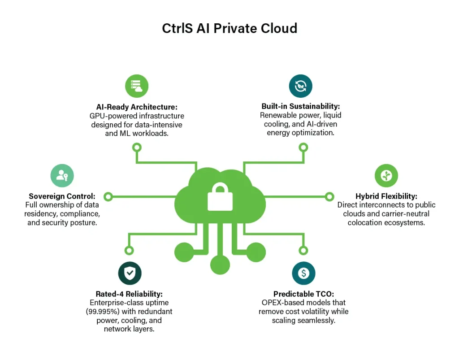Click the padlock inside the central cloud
(x=220, y=198)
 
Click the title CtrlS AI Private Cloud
(x=229, y=28)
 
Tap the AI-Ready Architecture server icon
(x=137, y=86)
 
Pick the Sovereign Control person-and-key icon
(x=62, y=176)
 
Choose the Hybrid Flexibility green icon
(x=386, y=176)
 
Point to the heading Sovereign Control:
(x=62, y=196)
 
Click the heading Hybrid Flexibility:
(x=386, y=196)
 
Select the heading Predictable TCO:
(x=303, y=294)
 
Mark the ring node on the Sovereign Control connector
(x=108, y=196)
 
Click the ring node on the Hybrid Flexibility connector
(x=329, y=196)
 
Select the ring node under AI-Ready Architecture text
(x=137, y=147)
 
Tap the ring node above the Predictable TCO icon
(x=303, y=251)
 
